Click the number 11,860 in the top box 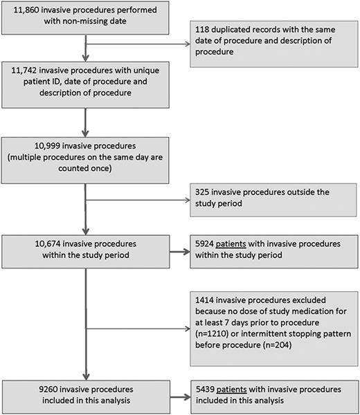point(23,12)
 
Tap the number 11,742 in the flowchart point(23,70)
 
